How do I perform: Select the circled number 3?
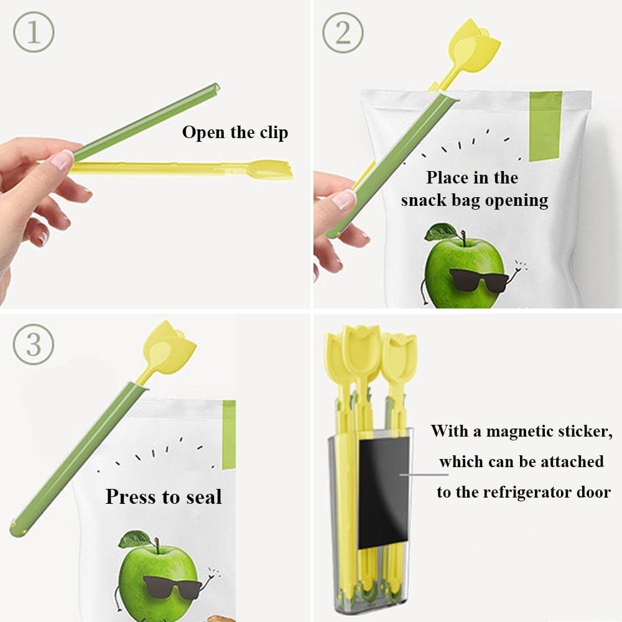[x=33, y=343]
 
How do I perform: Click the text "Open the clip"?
[x=235, y=132]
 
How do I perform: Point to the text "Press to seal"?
[x=164, y=496]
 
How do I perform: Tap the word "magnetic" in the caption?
[x=521, y=431]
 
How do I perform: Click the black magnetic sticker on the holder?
[x=383, y=491]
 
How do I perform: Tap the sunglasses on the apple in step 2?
[x=478, y=279]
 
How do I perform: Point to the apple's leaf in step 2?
[x=440, y=232]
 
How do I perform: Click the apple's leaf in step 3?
[x=135, y=539]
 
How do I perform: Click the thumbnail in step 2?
[x=344, y=201]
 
